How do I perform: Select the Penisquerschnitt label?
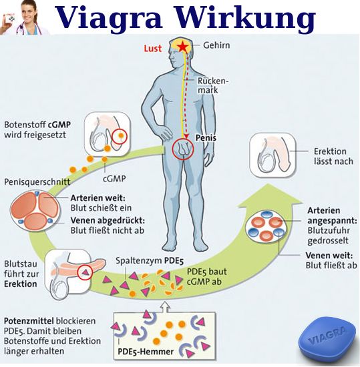click(35, 182)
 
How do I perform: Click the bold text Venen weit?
click(326, 255)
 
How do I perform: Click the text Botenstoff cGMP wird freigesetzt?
click(37, 130)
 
